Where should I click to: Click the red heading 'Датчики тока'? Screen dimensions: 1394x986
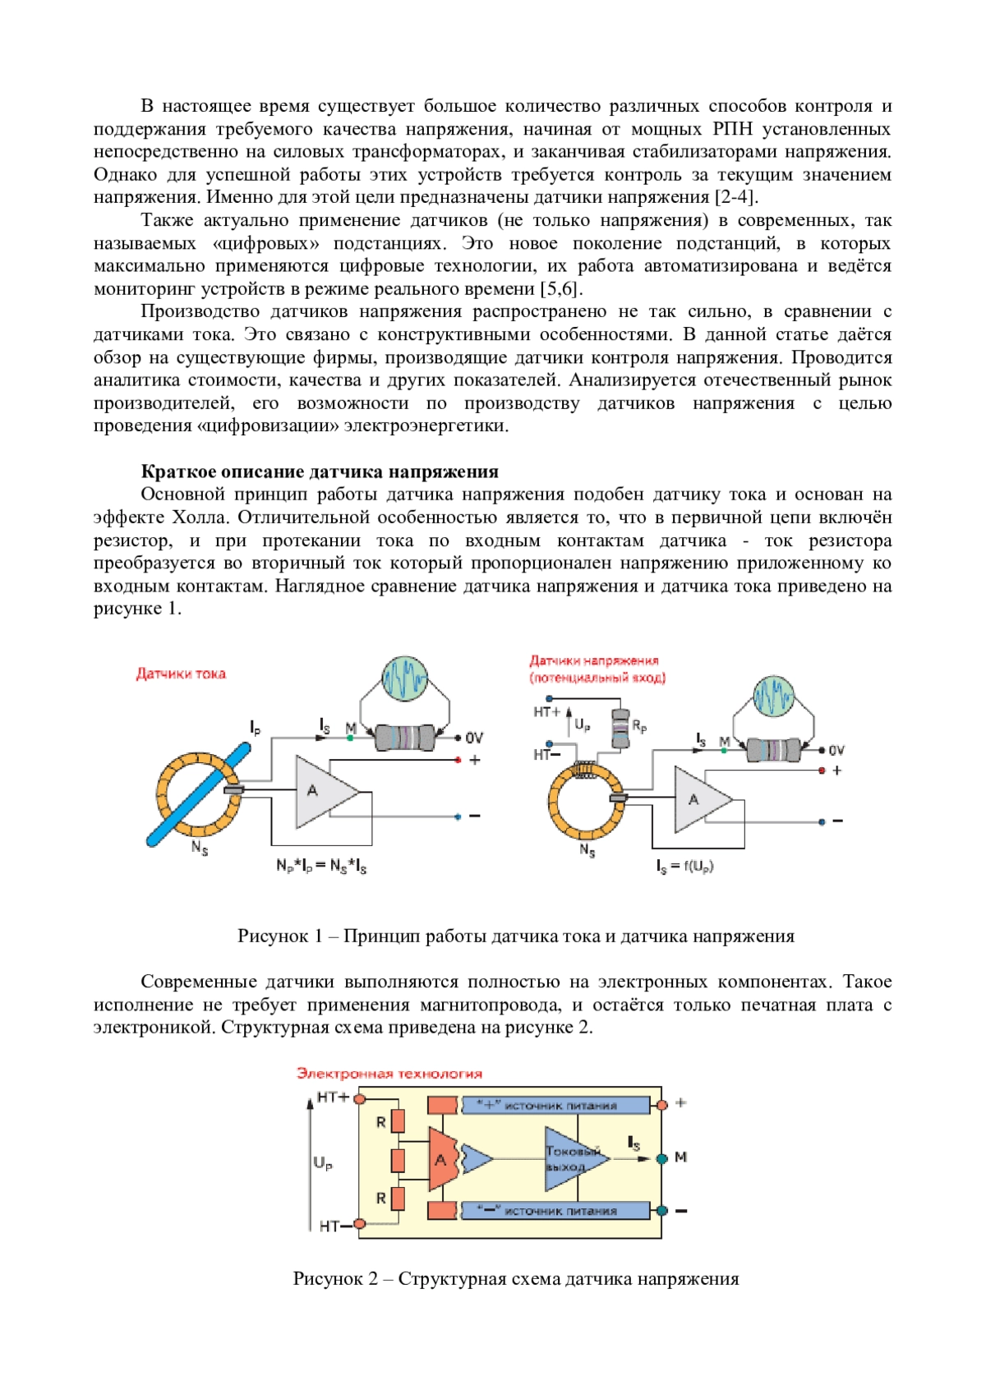181,674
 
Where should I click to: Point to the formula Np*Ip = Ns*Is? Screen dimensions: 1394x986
321,866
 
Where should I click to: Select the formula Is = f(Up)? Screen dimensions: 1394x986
684,866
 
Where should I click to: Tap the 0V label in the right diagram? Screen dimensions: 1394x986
836,751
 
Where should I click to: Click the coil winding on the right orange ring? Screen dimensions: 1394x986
587,770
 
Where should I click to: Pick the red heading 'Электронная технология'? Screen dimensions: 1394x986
389,1074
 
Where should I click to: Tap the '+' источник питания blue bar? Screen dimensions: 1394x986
555,1105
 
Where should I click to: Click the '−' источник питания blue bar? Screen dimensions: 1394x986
555,1211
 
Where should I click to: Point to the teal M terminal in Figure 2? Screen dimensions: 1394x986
662,1158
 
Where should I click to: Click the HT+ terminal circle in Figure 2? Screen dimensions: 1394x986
359,1098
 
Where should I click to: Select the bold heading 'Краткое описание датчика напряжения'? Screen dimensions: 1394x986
320,472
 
